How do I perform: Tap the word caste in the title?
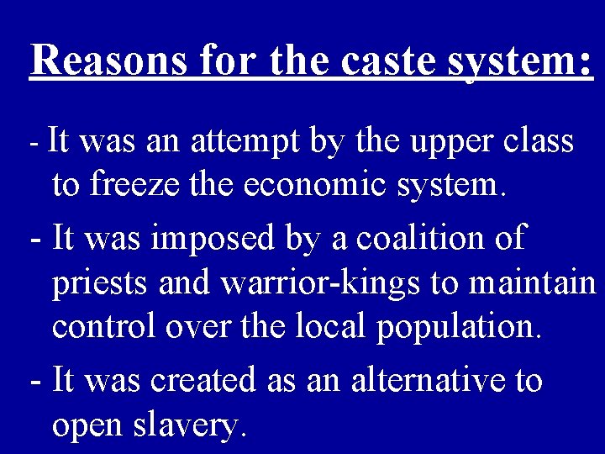(x=372, y=60)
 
